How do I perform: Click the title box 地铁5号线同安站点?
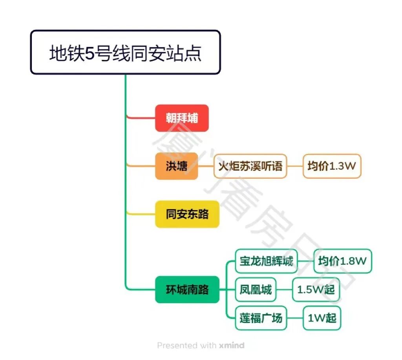[x=125, y=52]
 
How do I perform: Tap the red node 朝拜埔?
[x=181, y=118]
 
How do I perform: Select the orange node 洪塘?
[x=176, y=166]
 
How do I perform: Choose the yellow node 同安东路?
[x=187, y=215]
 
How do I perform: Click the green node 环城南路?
[x=187, y=290]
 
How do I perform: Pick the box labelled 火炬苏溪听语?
[x=250, y=166]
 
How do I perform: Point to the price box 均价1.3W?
[x=331, y=166]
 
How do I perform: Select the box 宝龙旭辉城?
[x=266, y=261]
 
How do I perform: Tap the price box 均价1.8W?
[x=342, y=261]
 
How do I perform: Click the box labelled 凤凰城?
[x=256, y=290]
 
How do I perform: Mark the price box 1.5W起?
[x=316, y=290]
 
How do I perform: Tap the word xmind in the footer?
[x=231, y=345]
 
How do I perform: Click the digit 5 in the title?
[x=90, y=53]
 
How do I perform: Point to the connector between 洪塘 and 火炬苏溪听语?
[x=206, y=166]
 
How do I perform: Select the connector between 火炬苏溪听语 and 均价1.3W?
[x=295, y=166]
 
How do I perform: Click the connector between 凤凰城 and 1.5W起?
[x=284, y=290]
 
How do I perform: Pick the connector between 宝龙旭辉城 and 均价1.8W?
[x=306, y=261]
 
